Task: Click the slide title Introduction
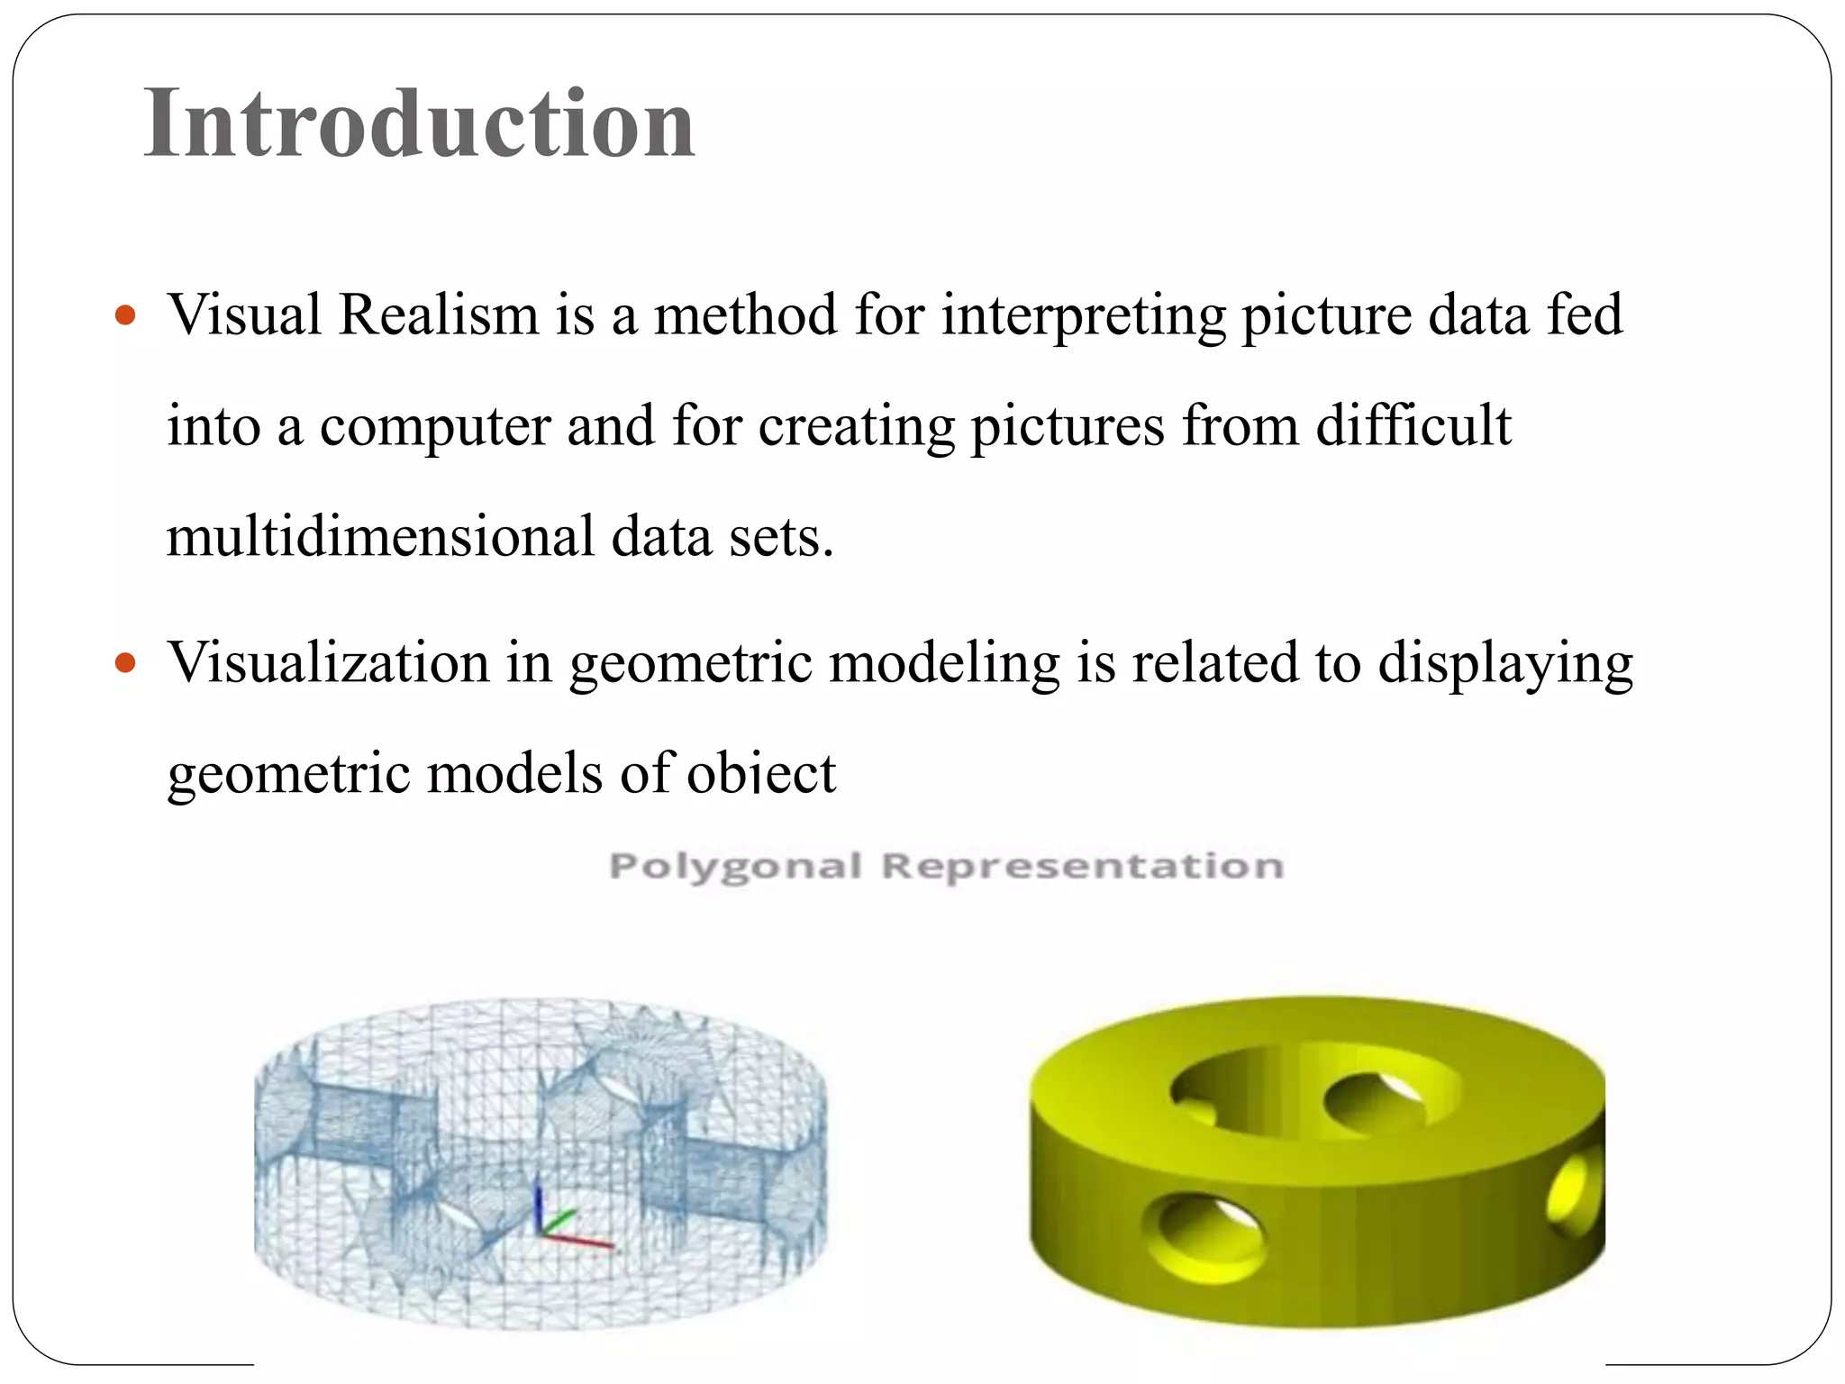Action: click(419, 124)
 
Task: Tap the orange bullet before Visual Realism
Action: click(125, 316)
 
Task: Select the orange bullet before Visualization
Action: click(125, 664)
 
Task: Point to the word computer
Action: click(435, 427)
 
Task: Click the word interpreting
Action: click(1084, 317)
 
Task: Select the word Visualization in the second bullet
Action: click(329, 663)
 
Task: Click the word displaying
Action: click(1505, 665)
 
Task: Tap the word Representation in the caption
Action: click(1082, 867)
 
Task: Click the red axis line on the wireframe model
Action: click(581, 1241)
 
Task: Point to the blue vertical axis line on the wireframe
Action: click(539, 1207)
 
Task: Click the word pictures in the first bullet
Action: click(1068, 427)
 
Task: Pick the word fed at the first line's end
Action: click(1585, 315)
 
